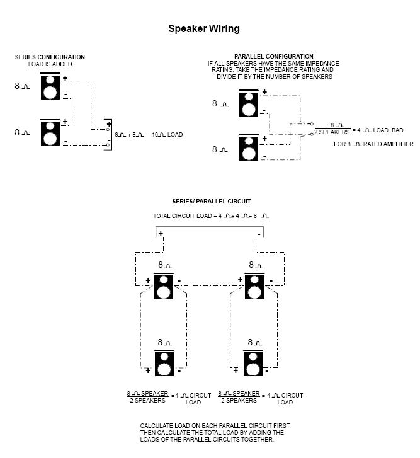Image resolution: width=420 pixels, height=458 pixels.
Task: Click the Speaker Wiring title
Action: (x=204, y=29)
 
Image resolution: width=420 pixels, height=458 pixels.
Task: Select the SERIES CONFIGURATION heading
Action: (x=50, y=57)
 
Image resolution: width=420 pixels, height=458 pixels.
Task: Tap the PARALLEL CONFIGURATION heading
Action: (x=274, y=56)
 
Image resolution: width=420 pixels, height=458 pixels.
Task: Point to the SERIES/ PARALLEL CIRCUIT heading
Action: (x=212, y=201)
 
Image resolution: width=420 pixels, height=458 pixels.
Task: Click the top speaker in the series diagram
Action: (x=50, y=86)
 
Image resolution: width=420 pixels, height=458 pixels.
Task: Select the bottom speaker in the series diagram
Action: (x=50, y=132)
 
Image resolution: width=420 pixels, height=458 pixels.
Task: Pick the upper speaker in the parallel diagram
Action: (x=249, y=103)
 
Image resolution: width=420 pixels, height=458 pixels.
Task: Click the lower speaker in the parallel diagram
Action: (x=249, y=147)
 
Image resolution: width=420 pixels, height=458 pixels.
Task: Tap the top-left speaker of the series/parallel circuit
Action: (x=164, y=286)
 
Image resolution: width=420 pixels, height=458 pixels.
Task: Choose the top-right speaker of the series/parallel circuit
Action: (x=254, y=286)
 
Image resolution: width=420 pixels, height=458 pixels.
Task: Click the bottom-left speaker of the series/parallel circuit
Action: (x=164, y=363)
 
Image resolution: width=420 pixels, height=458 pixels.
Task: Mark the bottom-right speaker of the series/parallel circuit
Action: (x=253, y=363)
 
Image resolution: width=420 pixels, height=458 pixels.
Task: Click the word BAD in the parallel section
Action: (x=397, y=130)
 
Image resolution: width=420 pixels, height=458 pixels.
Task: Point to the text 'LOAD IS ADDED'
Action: (x=50, y=64)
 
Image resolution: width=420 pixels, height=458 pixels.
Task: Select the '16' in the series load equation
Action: (x=155, y=135)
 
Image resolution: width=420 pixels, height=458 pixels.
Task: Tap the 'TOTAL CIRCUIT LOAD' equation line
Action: (x=211, y=216)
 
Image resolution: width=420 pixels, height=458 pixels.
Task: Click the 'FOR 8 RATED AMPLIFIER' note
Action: (x=373, y=144)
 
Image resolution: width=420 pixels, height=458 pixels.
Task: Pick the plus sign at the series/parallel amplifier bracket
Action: (x=161, y=234)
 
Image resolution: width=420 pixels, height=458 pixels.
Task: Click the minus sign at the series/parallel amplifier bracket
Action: (x=259, y=234)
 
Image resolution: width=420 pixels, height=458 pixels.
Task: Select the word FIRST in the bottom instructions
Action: (x=282, y=426)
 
